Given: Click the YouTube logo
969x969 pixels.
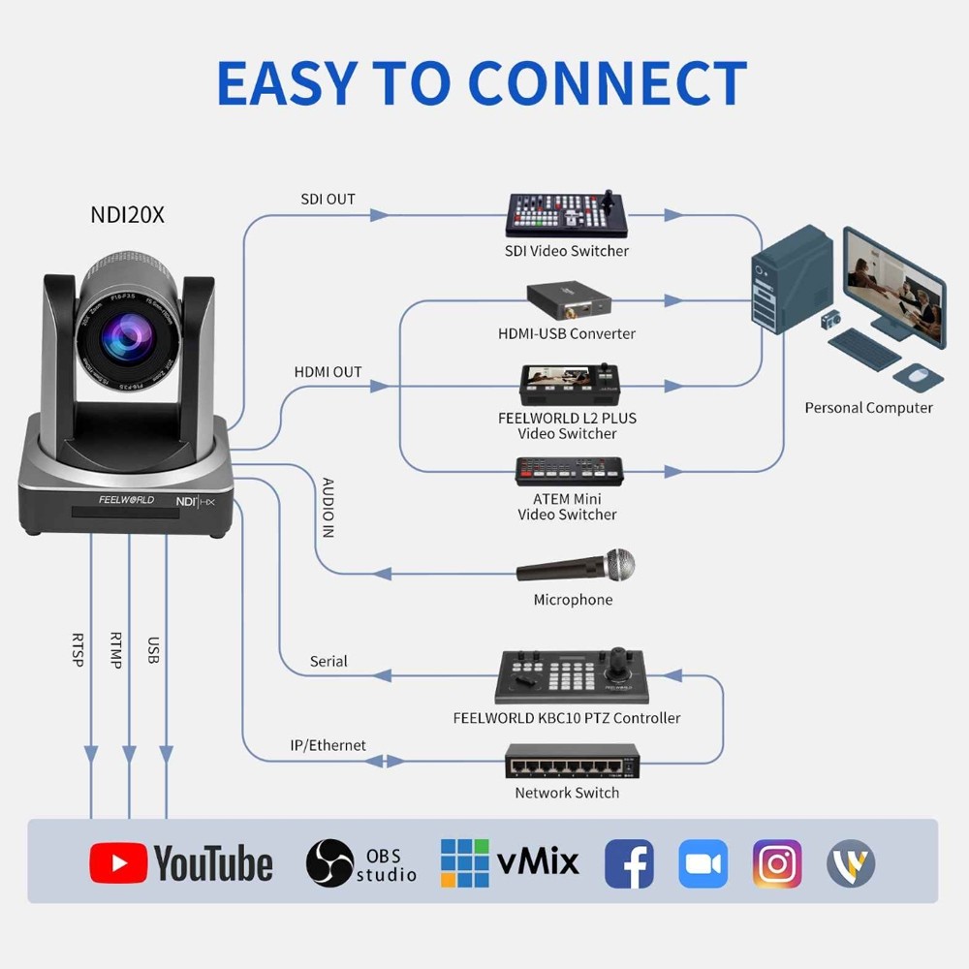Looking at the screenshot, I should click(x=181, y=862).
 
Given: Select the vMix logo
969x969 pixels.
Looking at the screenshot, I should click(x=510, y=861).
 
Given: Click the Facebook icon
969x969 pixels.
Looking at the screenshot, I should click(x=629, y=863).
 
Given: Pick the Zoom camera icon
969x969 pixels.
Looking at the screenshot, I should click(x=703, y=863).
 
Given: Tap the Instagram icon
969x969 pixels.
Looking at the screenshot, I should click(x=777, y=863).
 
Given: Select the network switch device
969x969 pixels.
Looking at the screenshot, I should click(x=572, y=764).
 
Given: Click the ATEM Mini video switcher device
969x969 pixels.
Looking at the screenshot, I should click(x=569, y=471).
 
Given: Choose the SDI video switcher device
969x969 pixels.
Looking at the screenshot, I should click(x=567, y=215).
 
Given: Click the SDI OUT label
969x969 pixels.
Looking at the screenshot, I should click(x=328, y=200).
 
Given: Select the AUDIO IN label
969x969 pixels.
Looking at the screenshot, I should click(x=328, y=508).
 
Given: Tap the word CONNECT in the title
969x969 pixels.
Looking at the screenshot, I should click(x=609, y=83).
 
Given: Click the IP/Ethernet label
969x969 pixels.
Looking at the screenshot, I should click(x=328, y=745).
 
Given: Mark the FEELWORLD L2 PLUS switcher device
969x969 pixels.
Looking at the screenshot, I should click(x=568, y=385).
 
